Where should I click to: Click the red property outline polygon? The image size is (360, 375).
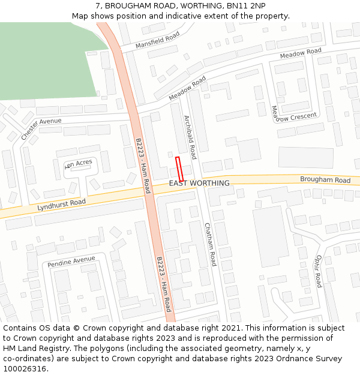pyautogui.click(x=179, y=169)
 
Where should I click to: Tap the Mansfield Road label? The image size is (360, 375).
pyautogui.click(x=157, y=40)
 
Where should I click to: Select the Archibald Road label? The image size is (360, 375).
pyautogui.click(x=190, y=133)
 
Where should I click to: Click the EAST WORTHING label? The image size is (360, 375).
pyautogui.click(x=199, y=183)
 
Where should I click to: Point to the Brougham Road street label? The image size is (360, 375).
pyautogui.click(x=325, y=180)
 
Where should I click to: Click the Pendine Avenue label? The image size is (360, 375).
pyautogui.click(x=71, y=262)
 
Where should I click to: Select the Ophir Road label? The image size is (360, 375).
pyautogui.click(x=317, y=270)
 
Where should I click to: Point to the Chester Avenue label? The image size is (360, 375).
pyautogui.click(x=41, y=128)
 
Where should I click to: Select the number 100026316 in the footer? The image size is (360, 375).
pyautogui.click(x=24, y=368)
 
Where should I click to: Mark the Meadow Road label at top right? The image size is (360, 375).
pyautogui.click(x=301, y=54)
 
